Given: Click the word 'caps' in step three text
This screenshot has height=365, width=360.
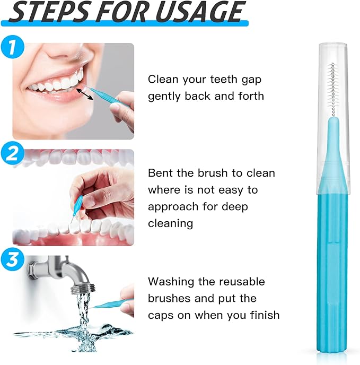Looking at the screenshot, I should [162, 315].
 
